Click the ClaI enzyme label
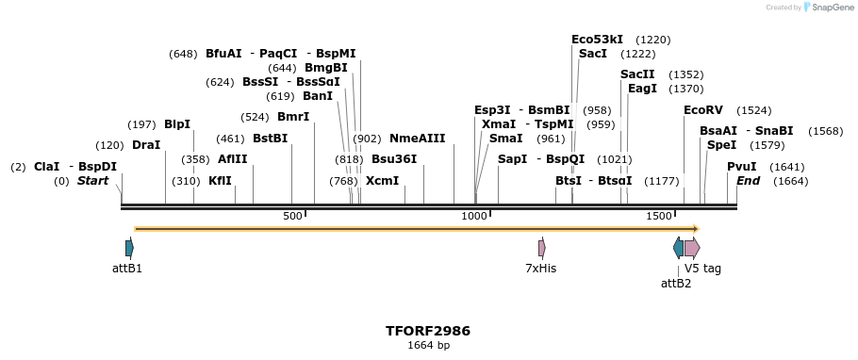46,167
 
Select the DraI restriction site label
146,145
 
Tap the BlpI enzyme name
177,124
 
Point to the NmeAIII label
417,139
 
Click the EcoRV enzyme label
703,110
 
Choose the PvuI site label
742,167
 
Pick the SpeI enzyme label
721,145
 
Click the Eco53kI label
597,40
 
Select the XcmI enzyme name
382,181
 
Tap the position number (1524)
753,110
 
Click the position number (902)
367,139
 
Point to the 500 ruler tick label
292,217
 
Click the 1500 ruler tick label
657,217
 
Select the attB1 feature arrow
129,248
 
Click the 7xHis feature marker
541,248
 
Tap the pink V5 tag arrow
692,248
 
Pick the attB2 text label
676,283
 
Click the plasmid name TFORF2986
428,331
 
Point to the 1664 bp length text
428,346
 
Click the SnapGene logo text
830,8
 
